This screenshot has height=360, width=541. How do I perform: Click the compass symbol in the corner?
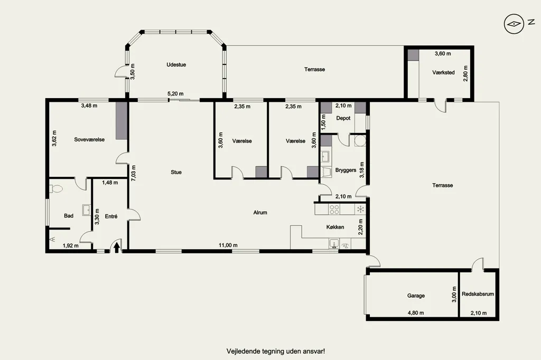[514, 24]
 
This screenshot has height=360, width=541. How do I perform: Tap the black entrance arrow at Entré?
[117, 247]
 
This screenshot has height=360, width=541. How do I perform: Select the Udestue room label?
[176, 64]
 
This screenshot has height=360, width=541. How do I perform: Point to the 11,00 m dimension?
[228, 245]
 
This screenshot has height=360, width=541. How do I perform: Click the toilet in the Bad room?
[57, 188]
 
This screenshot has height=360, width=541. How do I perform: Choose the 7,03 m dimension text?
[134, 173]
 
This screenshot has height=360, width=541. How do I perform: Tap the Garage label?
[416, 296]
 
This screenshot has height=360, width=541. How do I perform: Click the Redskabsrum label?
[478, 294]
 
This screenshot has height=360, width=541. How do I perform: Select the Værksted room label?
[443, 72]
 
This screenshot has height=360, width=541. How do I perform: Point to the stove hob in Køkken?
[334, 210]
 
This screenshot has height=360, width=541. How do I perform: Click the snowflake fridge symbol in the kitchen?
[360, 209]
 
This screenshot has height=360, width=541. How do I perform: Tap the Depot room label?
[343, 118]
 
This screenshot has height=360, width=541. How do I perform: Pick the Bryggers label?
[346, 170]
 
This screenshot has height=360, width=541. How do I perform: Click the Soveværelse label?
[89, 139]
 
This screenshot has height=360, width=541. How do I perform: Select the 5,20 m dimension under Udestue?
[175, 93]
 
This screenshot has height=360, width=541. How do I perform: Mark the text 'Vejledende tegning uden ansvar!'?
[276, 352]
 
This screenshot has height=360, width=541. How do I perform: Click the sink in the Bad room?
[87, 210]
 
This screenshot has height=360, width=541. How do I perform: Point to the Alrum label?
[260, 212]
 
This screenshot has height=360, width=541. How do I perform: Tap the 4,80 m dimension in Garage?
[416, 313]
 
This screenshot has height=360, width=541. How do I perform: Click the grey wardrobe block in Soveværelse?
[121, 120]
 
